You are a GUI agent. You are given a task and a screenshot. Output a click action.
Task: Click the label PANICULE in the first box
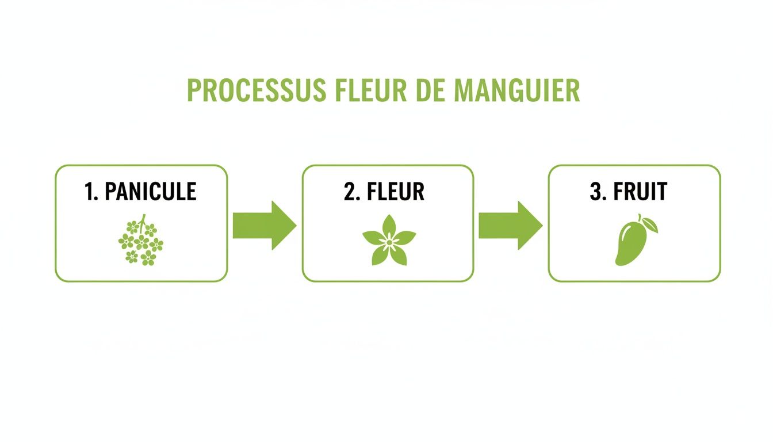coord(151,192)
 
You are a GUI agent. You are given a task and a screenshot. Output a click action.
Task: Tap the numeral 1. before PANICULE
coord(91,192)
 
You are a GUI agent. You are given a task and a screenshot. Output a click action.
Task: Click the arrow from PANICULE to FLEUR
coord(263,225)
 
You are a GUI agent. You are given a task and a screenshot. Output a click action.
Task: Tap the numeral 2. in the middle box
coord(351,192)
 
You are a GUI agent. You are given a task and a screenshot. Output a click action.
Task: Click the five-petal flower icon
coord(389,241)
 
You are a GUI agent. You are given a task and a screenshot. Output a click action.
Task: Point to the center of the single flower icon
coord(389,242)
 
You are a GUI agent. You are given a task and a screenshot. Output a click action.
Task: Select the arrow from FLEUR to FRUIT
coord(510,225)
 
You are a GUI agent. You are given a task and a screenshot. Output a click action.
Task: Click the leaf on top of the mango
coord(649,222)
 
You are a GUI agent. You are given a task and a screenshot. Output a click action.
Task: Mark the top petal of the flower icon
coord(389,225)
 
